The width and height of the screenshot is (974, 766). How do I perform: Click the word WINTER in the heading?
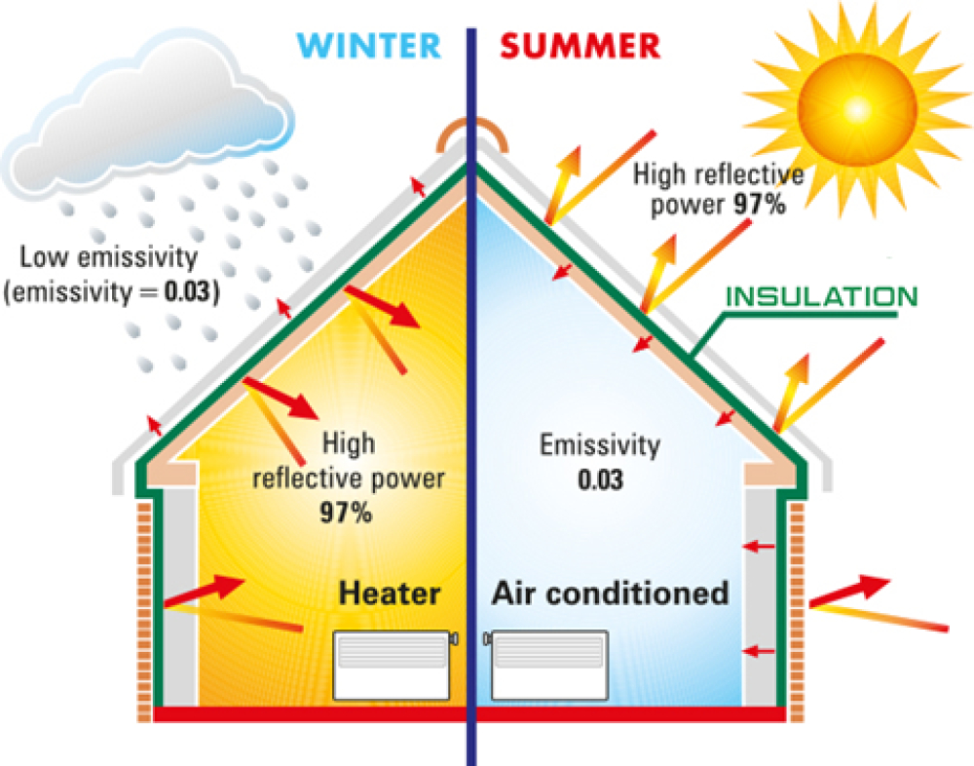pos(369,46)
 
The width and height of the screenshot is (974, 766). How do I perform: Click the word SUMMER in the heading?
pos(581,46)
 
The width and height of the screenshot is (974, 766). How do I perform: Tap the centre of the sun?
pos(857,109)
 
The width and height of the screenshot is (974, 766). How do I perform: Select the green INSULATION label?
pos(821,297)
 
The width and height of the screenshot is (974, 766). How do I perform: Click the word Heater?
pos(390,594)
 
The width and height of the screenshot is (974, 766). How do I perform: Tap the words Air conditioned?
pos(610,594)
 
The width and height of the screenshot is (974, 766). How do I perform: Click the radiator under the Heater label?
pos(393,666)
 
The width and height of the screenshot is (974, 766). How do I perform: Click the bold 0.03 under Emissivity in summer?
pos(600,480)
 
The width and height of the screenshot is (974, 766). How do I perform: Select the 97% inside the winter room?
pos(346,513)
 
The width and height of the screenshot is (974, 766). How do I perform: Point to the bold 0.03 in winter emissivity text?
pos(188,292)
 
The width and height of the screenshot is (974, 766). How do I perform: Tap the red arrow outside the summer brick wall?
pos(849,590)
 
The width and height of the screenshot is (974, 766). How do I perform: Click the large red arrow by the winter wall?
pos(204,590)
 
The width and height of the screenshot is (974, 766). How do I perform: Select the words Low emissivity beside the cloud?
pos(109,257)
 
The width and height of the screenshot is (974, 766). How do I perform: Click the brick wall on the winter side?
pos(144,612)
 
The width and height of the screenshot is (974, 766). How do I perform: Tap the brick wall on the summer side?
pos(797,612)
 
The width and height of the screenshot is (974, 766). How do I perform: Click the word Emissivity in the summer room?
pos(599,445)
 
